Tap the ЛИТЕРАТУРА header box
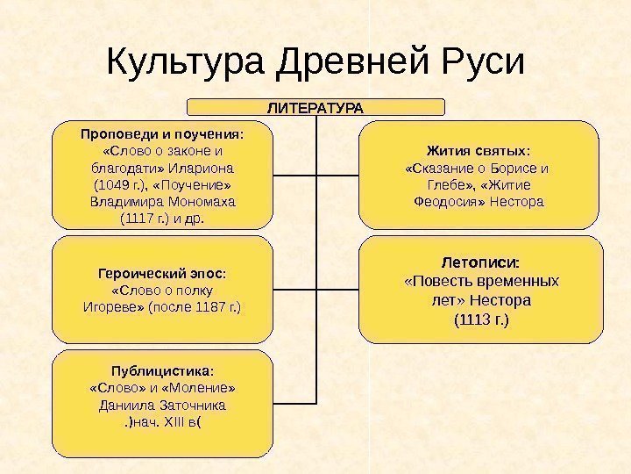(315, 107)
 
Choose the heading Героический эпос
(163, 274)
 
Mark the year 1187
(212, 308)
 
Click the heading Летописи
(479, 262)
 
